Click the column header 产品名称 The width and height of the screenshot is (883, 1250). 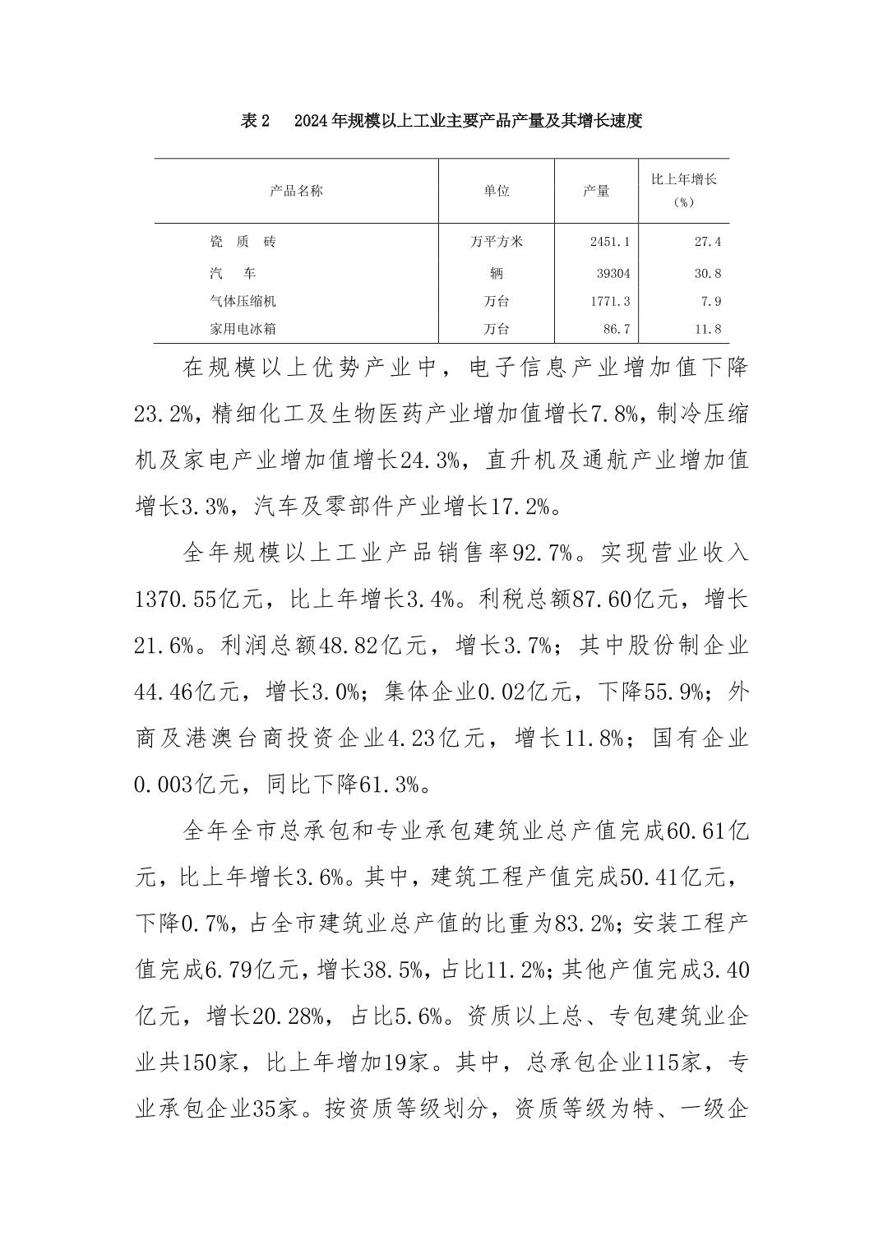coord(296,191)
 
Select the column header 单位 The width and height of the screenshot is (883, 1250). coord(497,191)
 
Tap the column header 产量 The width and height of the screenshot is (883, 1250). coord(596,191)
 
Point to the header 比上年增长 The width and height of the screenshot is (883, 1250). coord(683,179)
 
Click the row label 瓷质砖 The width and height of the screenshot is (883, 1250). coord(243,242)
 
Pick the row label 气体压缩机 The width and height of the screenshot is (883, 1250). coord(243,302)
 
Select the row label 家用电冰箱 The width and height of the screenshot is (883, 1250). coord(243,329)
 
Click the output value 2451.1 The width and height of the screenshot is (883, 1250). coord(610,242)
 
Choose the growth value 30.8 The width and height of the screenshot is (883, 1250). coord(707,273)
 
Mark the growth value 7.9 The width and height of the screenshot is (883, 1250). coord(711,302)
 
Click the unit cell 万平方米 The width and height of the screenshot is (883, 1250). coord(497,242)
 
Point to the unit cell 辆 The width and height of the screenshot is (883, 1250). coord(497,273)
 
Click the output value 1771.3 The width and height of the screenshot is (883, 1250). coord(610,302)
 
